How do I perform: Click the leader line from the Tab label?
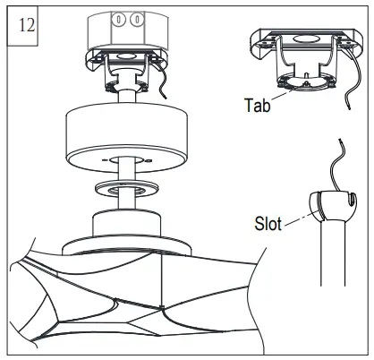pyautogui.click(x=280, y=95)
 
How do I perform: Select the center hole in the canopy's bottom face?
pyautogui.click(x=125, y=159)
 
